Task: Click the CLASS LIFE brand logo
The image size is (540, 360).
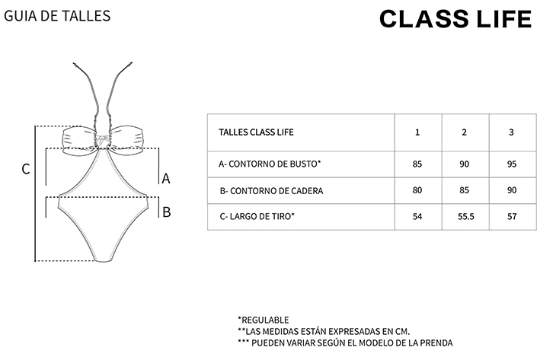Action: pyautogui.click(x=455, y=18)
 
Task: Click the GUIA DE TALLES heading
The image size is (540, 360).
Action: pyautogui.click(x=57, y=16)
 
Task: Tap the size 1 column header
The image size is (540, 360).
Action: pyautogui.click(x=417, y=132)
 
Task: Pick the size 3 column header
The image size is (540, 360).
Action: pyautogui.click(x=511, y=132)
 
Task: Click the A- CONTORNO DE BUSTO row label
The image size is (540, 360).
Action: pyautogui.click(x=270, y=164)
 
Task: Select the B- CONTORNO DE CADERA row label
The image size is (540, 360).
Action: pyautogui.click(x=271, y=191)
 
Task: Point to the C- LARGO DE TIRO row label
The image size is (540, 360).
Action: pyautogui.click(x=257, y=216)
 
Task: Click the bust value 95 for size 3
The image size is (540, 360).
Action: pyautogui.click(x=512, y=164)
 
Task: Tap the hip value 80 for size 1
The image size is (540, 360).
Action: pyautogui.click(x=417, y=190)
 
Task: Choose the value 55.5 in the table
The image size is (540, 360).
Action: pyautogui.click(x=466, y=216)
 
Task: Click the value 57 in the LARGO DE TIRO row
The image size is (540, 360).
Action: pyautogui.click(x=512, y=216)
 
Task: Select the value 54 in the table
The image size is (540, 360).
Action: pyautogui.click(x=417, y=216)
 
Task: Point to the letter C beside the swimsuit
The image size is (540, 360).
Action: pyautogui.click(x=26, y=169)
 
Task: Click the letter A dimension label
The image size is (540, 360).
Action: pyautogui.click(x=166, y=179)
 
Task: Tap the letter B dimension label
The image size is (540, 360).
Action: pyautogui.click(x=167, y=212)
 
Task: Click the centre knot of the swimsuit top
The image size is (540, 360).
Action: pyautogui.click(x=102, y=141)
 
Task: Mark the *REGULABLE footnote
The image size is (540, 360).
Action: pyautogui.click(x=264, y=320)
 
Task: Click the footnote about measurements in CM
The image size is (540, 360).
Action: pyautogui.click(x=324, y=331)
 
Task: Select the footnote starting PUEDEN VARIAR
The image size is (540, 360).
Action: pyautogui.click(x=345, y=342)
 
